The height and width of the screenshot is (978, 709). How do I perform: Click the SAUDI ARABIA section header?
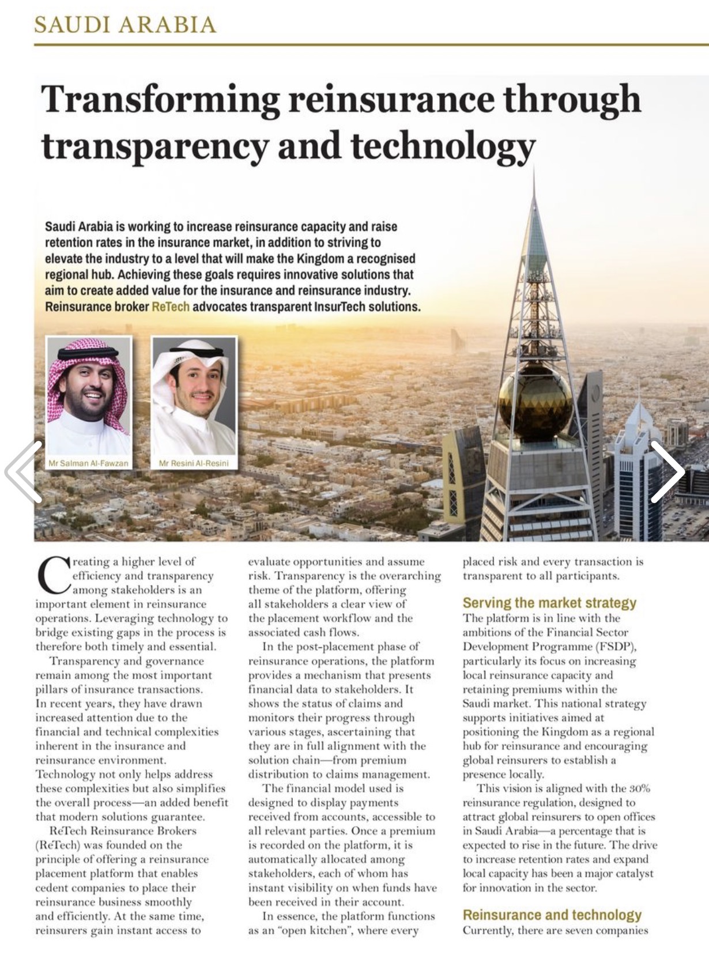125,25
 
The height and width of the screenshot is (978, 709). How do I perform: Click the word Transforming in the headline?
160,99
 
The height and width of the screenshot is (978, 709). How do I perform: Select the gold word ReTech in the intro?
171,307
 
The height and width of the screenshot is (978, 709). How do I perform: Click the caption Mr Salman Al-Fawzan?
88,463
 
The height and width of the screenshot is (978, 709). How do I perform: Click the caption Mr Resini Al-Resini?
194,463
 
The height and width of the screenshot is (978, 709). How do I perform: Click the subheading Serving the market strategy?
549,603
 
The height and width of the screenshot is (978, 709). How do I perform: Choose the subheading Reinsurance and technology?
552,915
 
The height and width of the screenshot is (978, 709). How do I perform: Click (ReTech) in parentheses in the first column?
55,845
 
